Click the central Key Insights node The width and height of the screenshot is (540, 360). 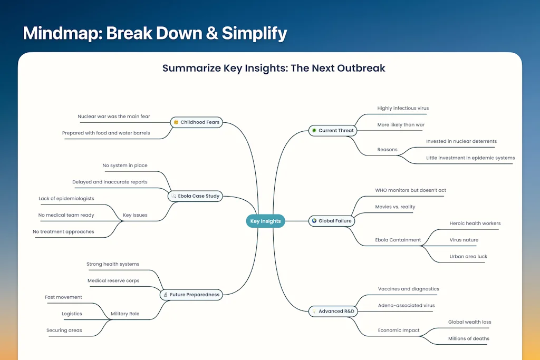coord(266,221)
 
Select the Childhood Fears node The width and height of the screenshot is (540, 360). coord(196,122)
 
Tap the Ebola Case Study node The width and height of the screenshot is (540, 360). coord(195,196)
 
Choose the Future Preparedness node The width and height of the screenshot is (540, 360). coord(191,295)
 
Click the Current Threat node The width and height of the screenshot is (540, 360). coord(333,130)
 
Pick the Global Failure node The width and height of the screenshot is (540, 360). coord(332,221)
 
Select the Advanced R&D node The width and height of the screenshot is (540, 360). coord(333,311)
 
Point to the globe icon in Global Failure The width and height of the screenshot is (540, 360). coord(314,221)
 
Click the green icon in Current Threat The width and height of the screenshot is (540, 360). coord(314,130)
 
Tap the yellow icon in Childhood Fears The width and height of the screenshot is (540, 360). coord(176,122)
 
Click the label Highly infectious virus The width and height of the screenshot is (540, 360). coord(403,108)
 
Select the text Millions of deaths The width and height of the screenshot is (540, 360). coord(469,339)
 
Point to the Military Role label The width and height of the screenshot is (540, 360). coord(125,314)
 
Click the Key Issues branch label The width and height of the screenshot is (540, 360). coord(135,215)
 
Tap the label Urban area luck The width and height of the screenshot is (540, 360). coord(468,256)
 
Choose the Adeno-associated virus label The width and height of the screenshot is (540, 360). coord(407,305)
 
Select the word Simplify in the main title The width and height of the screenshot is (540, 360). coord(254,34)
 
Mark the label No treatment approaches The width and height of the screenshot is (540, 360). coord(63,231)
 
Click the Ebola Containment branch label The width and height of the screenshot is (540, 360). coord(398,240)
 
